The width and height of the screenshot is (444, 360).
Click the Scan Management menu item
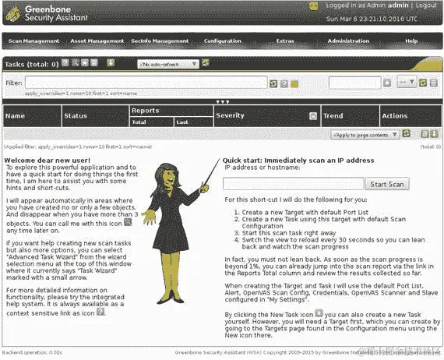pos(33,41)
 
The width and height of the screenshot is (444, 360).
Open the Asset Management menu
pos(97,41)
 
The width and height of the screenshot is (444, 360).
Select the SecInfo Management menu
pos(160,41)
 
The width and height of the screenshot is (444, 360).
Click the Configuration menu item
pos(223,41)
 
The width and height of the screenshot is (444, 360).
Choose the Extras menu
pos(285,41)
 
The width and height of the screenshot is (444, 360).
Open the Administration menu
pos(348,41)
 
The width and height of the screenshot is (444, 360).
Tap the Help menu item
pos(411,41)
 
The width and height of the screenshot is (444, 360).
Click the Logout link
pos(426,5)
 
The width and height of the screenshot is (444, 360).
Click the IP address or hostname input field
pos(293,184)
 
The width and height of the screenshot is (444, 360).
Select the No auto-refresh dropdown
pos(167,63)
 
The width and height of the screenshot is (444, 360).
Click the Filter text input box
pos(146,83)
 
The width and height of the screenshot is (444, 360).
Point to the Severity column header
pos(230,116)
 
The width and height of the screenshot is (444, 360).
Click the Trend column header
pos(333,116)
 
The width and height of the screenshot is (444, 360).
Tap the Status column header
pos(76,116)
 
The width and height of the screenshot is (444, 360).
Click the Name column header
pos(15,116)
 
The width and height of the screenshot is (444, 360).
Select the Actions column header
pos(394,116)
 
